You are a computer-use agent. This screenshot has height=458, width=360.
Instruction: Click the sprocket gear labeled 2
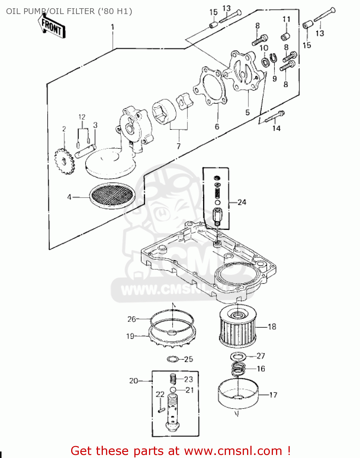click(x=64, y=161)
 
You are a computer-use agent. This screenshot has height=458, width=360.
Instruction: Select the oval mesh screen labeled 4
click(x=112, y=195)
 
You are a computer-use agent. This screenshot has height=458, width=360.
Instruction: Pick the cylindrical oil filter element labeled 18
click(x=238, y=327)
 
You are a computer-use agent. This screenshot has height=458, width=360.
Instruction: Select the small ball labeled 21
click(x=173, y=390)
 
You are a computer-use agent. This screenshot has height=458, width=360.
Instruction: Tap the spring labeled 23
click(x=173, y=379)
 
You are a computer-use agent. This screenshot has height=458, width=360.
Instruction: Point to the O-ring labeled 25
click(x=173, y=359)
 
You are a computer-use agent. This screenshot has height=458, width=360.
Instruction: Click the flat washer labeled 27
click(x=238, y=356)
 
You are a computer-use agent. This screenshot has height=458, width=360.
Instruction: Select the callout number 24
click(x=242, y=202)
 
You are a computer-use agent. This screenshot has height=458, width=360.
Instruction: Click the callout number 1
click(x=113, y=27)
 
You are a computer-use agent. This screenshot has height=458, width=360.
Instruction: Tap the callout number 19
click(x=130, y=336)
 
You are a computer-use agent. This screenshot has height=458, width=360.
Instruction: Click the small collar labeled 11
click(x=285, y=37)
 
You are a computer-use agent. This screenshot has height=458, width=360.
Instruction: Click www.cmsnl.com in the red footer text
click(x=233, y=451)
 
